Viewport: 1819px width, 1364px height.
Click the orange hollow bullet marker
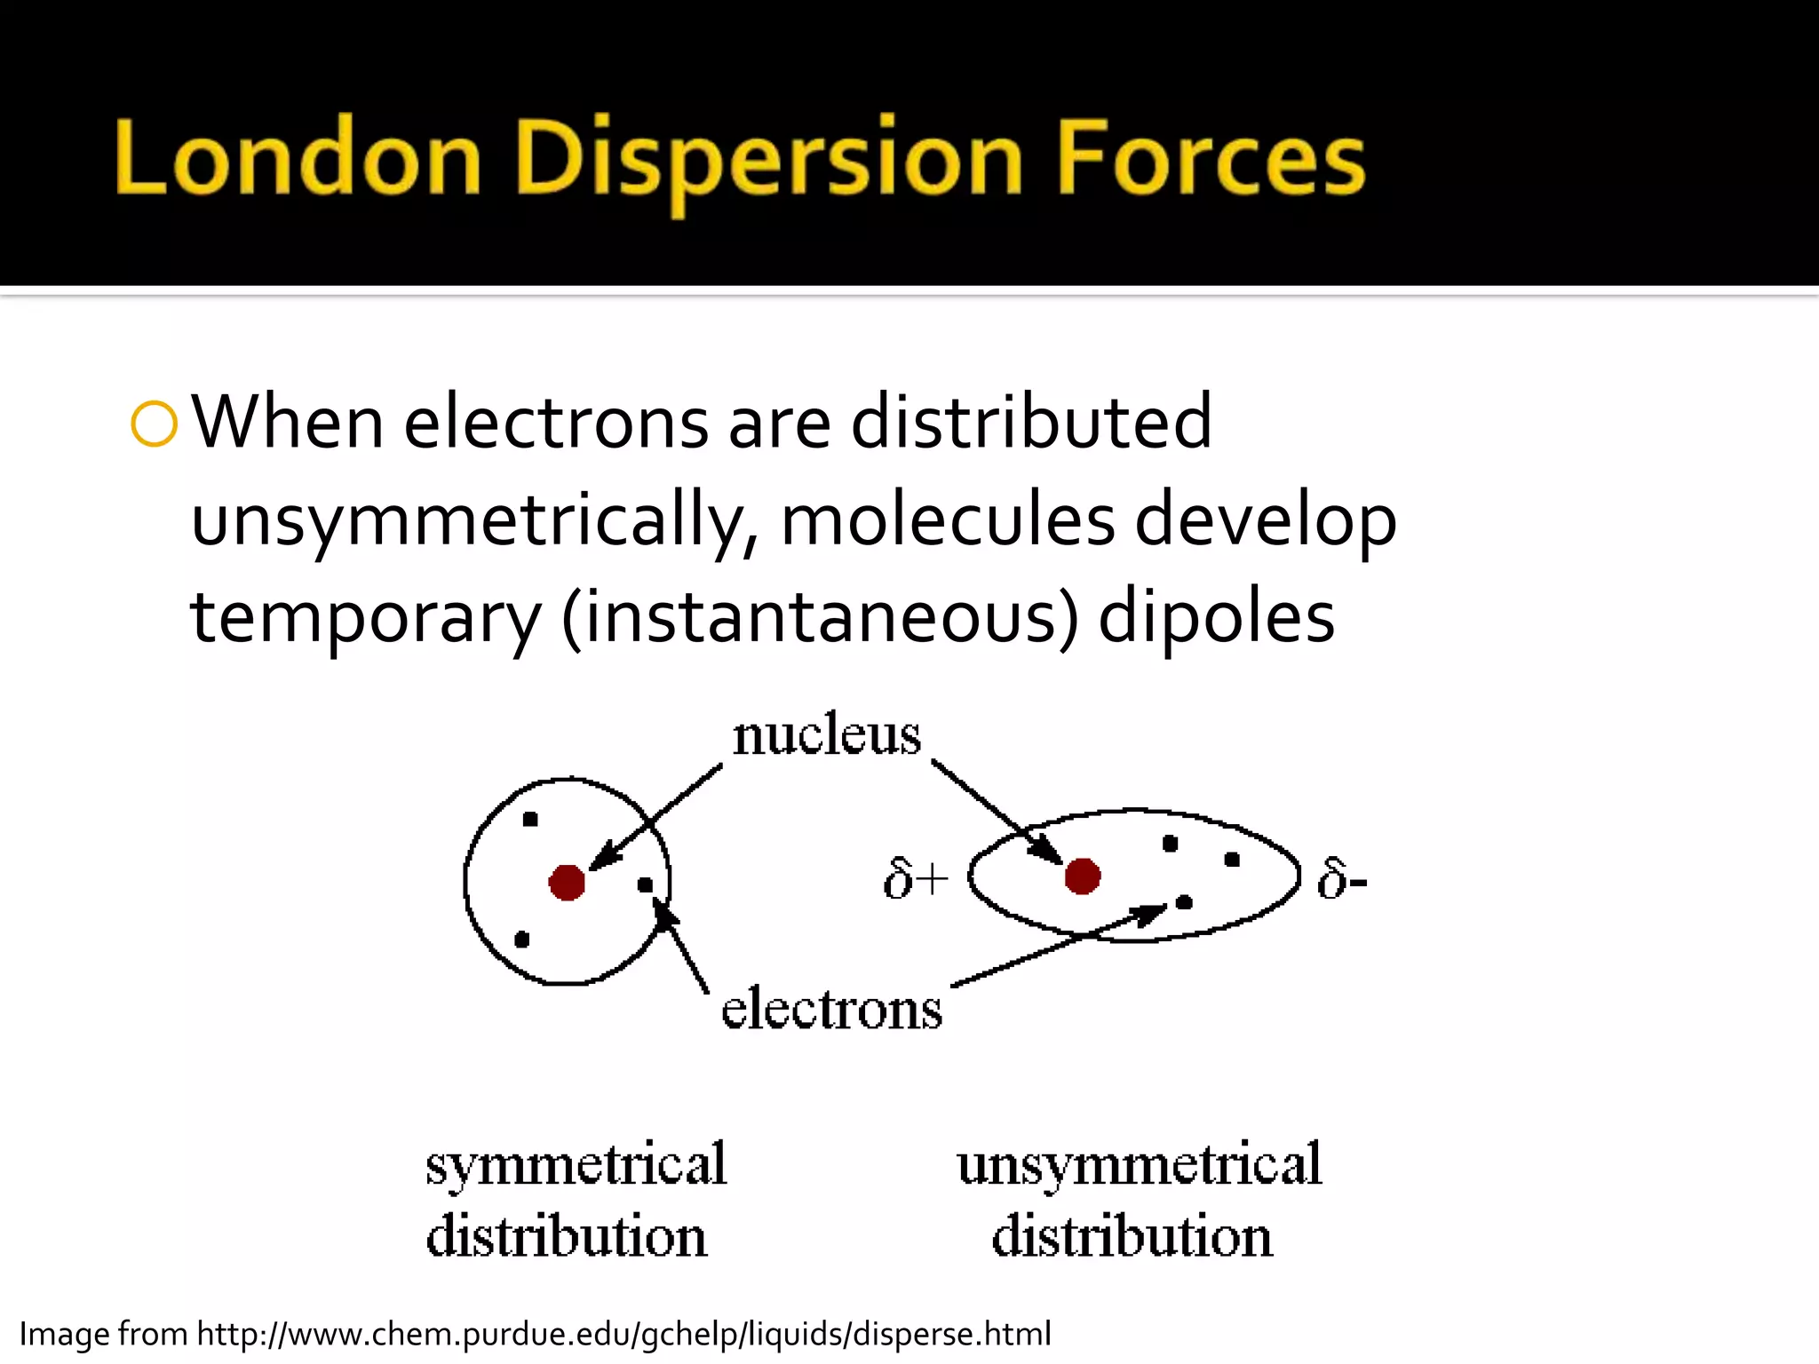click(154, 424)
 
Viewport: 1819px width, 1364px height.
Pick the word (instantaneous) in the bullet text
click(820, 617)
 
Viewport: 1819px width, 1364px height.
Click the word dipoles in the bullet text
click(1216, 617)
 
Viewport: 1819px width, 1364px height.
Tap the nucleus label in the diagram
click(826, 736)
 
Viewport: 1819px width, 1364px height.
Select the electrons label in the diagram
click(831, 1010)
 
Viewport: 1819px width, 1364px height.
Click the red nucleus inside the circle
click(567, 883)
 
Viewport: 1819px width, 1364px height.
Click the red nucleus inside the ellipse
click(1082, 876)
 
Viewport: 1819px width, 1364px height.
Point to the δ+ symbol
click(916, 880)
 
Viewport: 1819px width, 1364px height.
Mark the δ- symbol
click(1341, 880)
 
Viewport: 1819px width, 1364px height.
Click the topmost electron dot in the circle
click(530, 820)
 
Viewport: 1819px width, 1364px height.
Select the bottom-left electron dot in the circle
click(522, 940)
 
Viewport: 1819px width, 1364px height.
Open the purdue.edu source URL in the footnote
click(624, 1335)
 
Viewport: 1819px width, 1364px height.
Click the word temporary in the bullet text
click(365, 617)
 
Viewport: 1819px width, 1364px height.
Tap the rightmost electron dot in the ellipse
click(1232, 860)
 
